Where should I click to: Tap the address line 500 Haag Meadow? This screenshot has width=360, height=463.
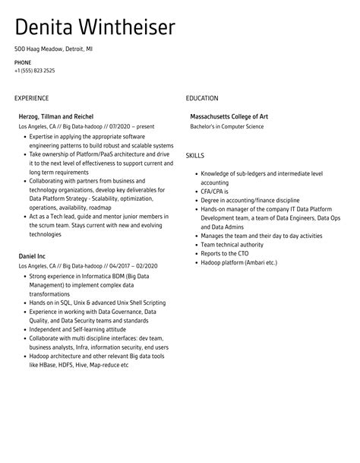[x=53, y=49]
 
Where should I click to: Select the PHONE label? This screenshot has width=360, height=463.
[x=23, y=62]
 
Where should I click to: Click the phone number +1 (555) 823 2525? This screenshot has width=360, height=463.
[x=34, y=71]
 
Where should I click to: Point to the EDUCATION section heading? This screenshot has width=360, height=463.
[x=202, y=98]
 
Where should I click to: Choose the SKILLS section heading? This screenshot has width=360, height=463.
[x=195, y=156]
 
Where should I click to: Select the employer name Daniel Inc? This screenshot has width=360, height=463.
[x=32, y=256]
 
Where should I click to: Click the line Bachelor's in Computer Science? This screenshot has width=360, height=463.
[x=227, y=126]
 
